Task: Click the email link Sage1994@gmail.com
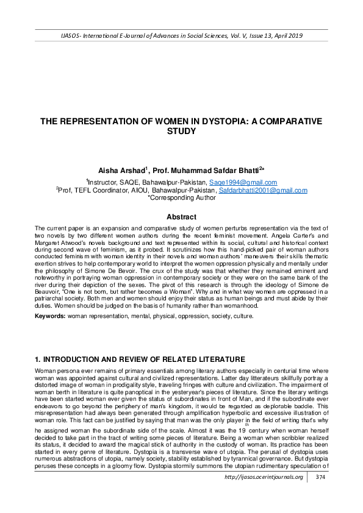tap(243, 182)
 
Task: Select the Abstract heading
tap(181, 217)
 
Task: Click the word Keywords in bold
tap(51, 316)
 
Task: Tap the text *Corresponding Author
tap(181, 198)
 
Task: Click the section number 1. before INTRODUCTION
tap(38, 359)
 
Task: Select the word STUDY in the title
tap(181, 132)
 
